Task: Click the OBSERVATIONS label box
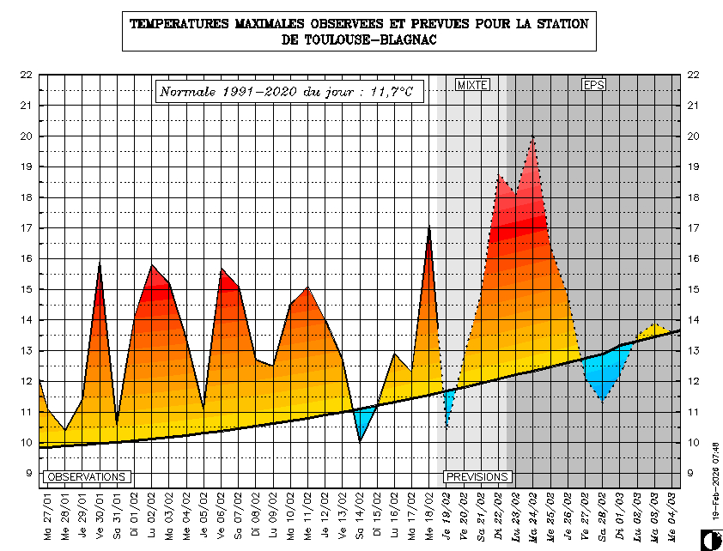coord(87,476)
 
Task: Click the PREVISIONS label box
coord(477,476)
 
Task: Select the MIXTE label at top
coord(472,85)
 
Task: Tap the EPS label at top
coord(593,85)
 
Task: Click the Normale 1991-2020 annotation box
coord(289,91)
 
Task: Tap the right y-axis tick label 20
coord(694,136)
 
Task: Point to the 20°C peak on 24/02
coord(533,137)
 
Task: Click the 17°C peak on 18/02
coord(429,228)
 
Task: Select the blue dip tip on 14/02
coord(361,439)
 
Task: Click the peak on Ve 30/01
coord(100,264)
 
